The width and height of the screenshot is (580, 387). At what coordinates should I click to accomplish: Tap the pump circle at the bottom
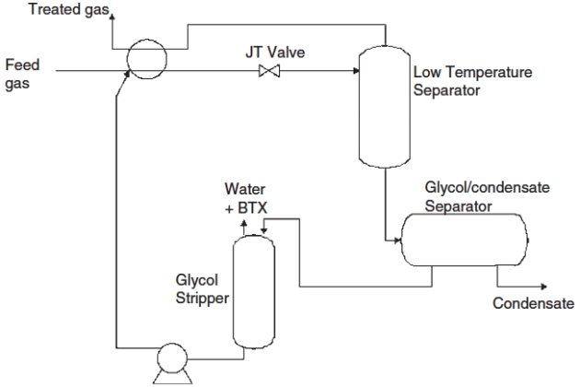click(x=171, y=358)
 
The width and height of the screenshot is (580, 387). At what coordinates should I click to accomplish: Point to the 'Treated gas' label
click(x=70, y=10)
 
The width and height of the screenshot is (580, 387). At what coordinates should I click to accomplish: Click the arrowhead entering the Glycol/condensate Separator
click(x=397, y=242)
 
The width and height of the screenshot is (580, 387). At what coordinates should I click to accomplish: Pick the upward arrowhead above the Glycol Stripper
click(x=243, y=225)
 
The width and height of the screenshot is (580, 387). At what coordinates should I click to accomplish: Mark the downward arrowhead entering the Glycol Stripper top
click(x=264, y=229)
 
